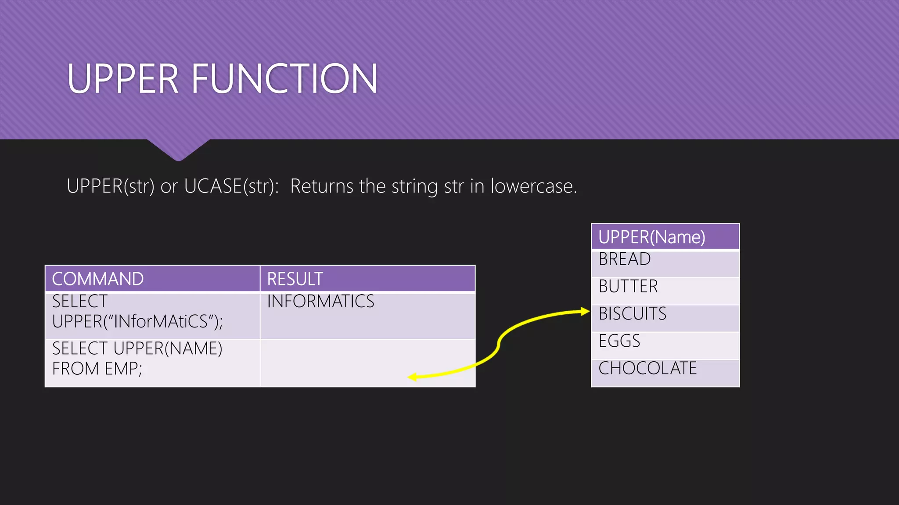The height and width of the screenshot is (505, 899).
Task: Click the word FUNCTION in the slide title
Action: (x=284, y=79)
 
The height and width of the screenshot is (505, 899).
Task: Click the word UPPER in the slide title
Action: (x=123, y=79)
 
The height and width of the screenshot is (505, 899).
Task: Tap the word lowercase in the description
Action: (x=533, y=186)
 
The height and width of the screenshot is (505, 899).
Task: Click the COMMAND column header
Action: (x=98, y=279)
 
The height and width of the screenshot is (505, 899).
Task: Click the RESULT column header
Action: (x=295, y=279)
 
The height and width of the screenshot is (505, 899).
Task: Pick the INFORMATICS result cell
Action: (x=320, y=302)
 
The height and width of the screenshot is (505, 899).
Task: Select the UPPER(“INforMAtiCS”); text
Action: (x=137, y=322)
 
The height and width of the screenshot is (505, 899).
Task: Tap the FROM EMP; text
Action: (x=97, y=369)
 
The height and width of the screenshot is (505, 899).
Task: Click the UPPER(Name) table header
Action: (x=652, y=237)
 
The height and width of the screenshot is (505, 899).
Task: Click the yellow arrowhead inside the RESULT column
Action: (x=413, y=377)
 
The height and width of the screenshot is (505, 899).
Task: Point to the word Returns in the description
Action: (x=322, y=186)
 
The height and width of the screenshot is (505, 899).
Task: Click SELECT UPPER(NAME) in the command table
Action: (x=137, y=349)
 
